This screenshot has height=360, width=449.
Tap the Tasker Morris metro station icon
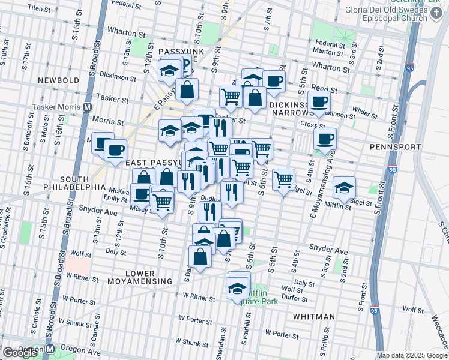pyautogui.click(x=87, y=107)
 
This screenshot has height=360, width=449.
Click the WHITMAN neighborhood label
pyautogui.click(x=314, y=317)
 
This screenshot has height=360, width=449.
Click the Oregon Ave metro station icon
pyautogui.click(x=51, y=349)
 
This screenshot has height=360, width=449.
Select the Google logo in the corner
pyautogui.click(x=20, y=353)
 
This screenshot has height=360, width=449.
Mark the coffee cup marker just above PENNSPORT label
pyautogui.click(x=325, y=140)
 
